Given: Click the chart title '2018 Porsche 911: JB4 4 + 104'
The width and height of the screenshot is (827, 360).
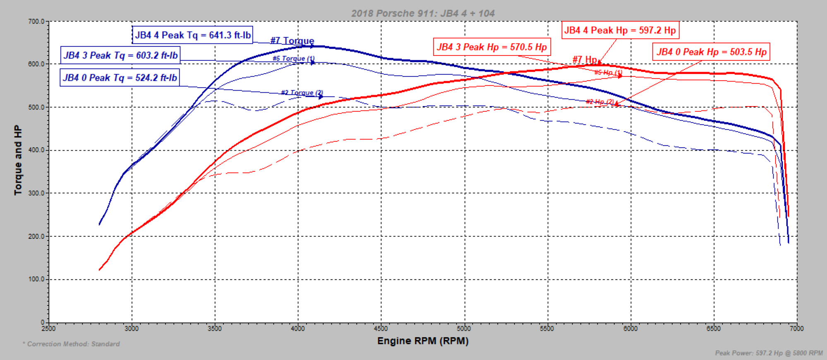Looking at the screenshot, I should pyautogui.click(x=423, y=13).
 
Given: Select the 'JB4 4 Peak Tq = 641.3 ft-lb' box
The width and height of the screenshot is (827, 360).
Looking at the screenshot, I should pyautogui.click(x=192, y=35).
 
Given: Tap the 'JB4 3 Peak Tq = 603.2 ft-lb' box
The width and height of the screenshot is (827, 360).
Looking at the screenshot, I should pyautogui.click(x=120, y=55).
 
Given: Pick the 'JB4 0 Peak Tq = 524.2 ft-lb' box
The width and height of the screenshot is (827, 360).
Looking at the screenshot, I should pyautogui.click(x=120, y=78).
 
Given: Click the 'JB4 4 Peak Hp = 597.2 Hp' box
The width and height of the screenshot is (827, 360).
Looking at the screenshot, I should pyautogui.click(x=620, y=30).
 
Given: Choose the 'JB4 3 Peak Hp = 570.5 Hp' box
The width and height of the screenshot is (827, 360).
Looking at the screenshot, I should pyautogui.click(x=491, y=47).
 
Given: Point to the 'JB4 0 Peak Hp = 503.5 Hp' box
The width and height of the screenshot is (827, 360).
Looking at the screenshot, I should pyautogui.click(x=711, y=52).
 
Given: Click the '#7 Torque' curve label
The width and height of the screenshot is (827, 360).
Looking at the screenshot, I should pyautogui.click(x=292, y=41).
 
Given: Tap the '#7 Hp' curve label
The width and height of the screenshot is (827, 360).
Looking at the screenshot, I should pyautogui.click(x=585, y=60).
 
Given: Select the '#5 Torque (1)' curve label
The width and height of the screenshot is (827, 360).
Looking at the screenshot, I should pyautogui.click(x=293, y=58).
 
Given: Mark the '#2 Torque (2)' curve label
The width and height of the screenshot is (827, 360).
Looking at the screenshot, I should pyautogui.click(x=302, y=93).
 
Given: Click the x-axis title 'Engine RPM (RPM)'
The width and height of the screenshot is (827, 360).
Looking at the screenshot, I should pyautogui.click(x=423, y=341).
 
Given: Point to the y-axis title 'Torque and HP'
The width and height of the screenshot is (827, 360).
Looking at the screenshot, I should pyautogui.click(x=18, y=160).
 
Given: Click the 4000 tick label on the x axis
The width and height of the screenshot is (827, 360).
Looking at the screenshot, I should pyautogui.click(x=298, y=329).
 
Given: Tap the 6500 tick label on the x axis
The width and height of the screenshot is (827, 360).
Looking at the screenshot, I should pyautogui.click(x=714, y=329).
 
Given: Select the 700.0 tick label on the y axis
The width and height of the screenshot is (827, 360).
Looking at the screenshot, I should pyautogui.click(x=36, y=22).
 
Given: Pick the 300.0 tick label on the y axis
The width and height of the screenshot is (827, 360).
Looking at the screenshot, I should pyautogui.click(x=36, y=193).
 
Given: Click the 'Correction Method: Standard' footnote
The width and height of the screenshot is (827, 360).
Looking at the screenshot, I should pyautogui.click(x=71, y=344).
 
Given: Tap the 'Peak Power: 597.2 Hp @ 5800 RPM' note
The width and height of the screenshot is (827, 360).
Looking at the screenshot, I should pyautogui.click(x=769, y=353).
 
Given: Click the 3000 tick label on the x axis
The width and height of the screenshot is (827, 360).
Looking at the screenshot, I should pyautogui.click(x=132, y=329).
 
